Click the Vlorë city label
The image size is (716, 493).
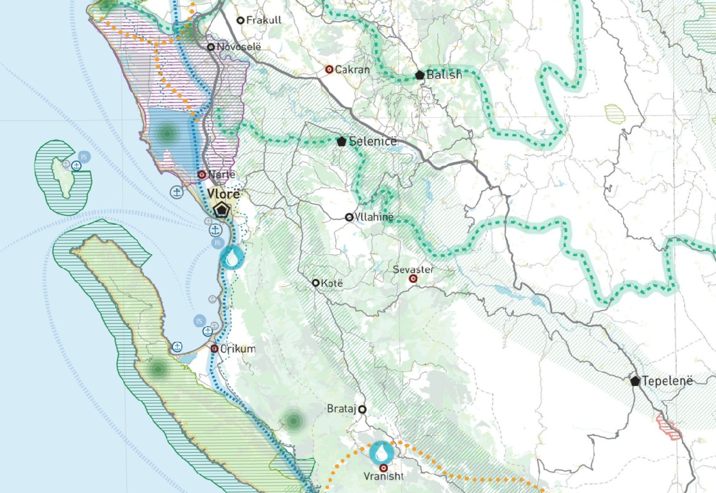[224, 193]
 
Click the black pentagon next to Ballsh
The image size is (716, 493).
[420, 75]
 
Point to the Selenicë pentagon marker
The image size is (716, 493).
[341, 141]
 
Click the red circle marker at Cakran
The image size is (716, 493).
[329, 69]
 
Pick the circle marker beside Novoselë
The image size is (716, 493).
[211, 47]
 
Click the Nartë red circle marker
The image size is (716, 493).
[202, 174]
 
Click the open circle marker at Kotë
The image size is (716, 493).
[316, 282]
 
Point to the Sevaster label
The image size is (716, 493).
[413, 270]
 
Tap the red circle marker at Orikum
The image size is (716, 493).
[215, 349]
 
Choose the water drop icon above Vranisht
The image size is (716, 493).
[382, 453]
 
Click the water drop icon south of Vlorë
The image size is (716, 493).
[231, 257]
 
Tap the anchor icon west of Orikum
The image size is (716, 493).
[177, 347]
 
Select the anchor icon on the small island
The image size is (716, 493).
[76, 166]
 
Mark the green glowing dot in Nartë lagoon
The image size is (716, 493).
[167, 133]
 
